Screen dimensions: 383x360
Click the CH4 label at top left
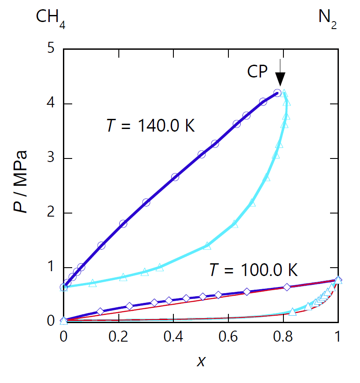[x=51, y=18]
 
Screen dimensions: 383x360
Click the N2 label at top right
[x=328, y=18]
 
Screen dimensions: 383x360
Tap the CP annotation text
[x=257, y=72]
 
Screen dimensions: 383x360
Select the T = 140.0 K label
[x=151, y=126]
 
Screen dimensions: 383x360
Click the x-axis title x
[x=201, y=361]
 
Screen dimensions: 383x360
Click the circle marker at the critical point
[x=277, y=93]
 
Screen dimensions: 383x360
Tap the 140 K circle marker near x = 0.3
[x=146, y=203]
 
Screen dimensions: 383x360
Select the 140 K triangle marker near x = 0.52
[x=207, y=246]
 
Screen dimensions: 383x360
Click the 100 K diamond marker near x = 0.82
[x=287, y=287]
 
